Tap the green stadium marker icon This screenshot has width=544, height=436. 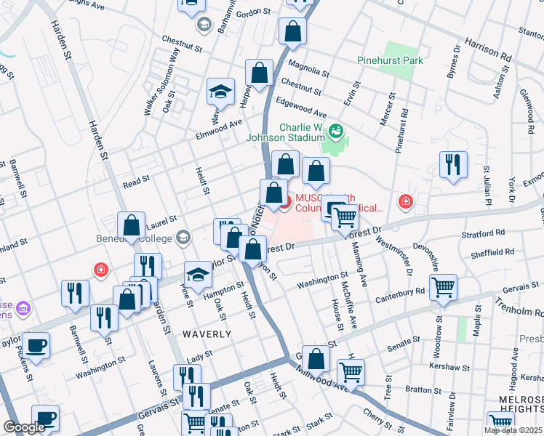335,132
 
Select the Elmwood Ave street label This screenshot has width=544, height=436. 217,129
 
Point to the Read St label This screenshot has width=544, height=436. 135,178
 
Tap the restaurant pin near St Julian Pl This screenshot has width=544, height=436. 453,165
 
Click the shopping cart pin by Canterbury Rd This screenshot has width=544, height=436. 442,287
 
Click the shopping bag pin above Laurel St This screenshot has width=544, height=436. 132,225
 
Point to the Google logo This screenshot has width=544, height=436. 24,427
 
